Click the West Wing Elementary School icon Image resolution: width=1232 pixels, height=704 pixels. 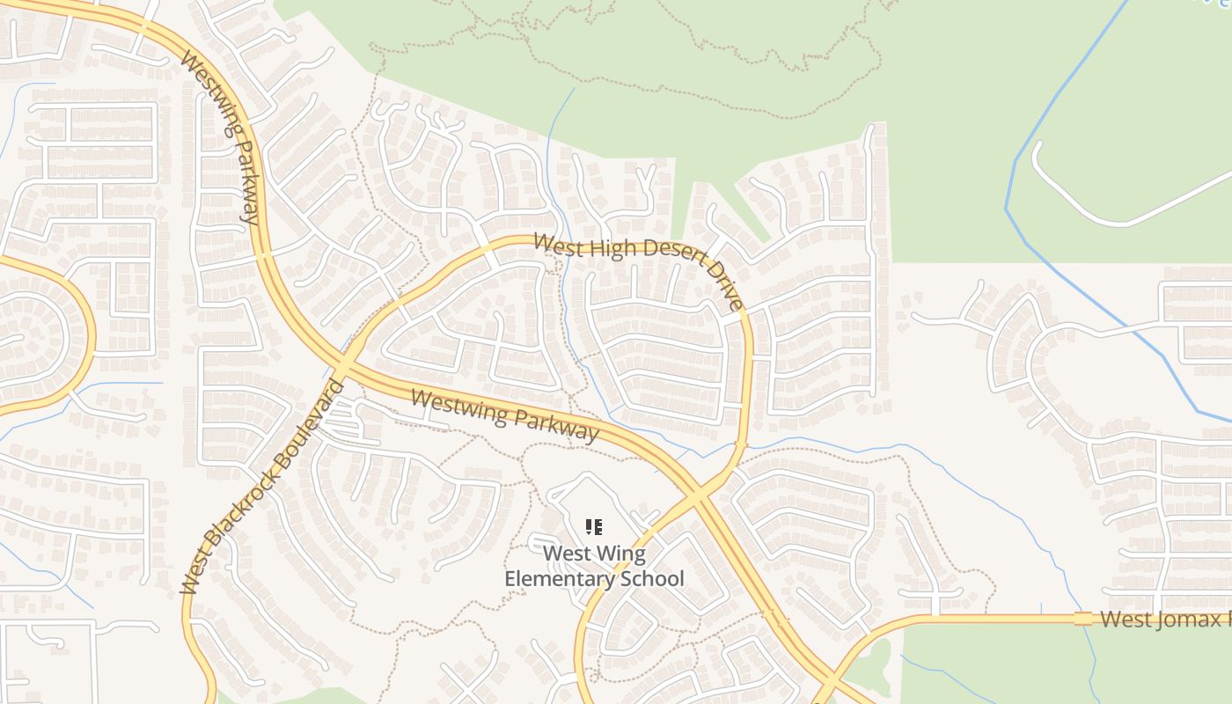(594, 527)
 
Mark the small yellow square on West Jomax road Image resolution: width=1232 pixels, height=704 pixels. (1082, 619)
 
